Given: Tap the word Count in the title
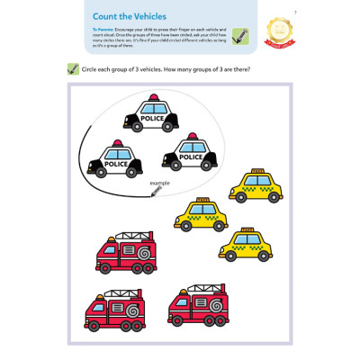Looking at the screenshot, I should click(x=106, y=15).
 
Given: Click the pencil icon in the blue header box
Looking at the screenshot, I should click(x=239, y=36).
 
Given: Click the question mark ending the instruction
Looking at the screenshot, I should click(x=249, y=70).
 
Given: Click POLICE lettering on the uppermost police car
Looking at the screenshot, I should click(x=154, y=117).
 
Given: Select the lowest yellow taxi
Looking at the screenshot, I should click(x=246, y=245).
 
